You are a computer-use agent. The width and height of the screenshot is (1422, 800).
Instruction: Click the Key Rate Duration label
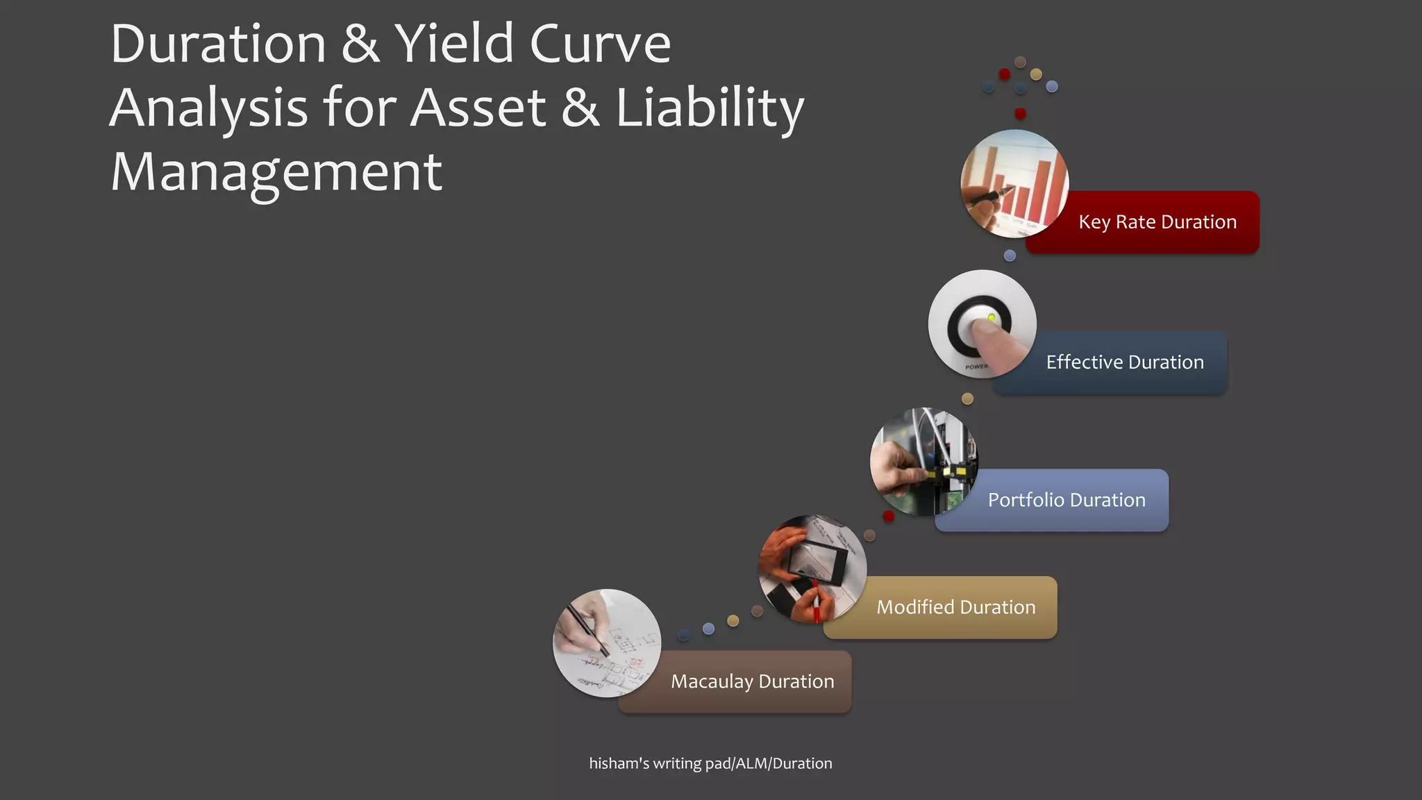(1157, 222)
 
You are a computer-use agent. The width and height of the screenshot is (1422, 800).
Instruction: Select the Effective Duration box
(1125, 362)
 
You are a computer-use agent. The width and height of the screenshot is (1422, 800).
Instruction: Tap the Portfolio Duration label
(1066, 500)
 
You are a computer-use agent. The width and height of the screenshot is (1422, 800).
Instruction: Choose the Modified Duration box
(955, 608)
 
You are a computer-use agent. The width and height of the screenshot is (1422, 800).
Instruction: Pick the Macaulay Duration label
(752, 682)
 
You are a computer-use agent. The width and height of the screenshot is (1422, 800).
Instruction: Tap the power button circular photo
(982, 324)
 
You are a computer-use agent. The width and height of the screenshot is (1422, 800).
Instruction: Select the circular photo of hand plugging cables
(923, 461)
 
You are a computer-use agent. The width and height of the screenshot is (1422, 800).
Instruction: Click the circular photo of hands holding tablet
(812, 569)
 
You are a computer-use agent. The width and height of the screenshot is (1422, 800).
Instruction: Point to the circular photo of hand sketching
(607, 643)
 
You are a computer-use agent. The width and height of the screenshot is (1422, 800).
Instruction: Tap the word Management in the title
(276, 172)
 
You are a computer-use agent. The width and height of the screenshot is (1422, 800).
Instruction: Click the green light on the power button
(992, 317)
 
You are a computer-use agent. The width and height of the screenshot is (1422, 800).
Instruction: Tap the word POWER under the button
(976, 367)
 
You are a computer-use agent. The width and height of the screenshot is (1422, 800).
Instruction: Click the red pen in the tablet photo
(816, 603)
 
